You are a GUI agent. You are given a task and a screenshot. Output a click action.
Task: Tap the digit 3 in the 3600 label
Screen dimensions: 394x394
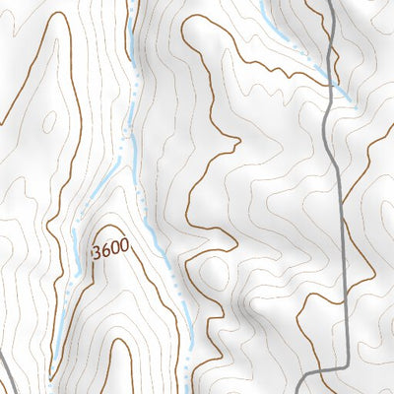97,253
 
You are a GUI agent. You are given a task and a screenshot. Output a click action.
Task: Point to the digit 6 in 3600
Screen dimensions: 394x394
104,251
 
